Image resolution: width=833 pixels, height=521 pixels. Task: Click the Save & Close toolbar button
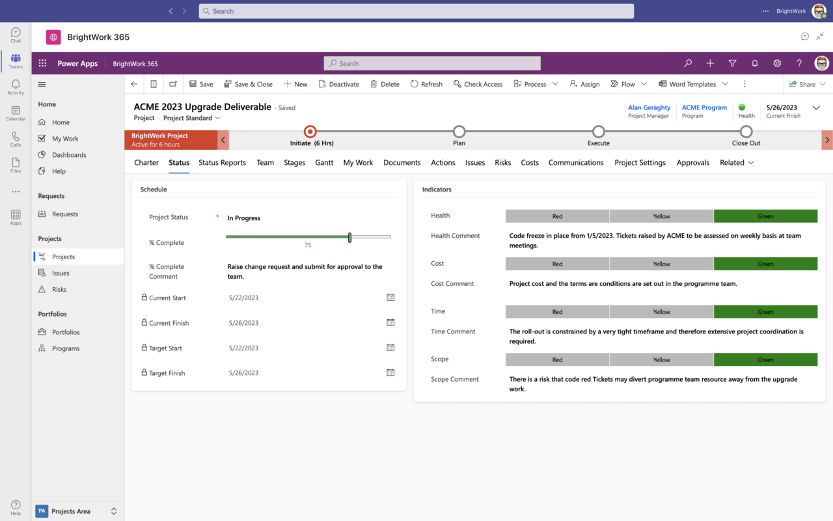248,84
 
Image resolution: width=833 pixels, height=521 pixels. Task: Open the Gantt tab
324,163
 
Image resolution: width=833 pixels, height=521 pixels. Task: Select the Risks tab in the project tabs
502,163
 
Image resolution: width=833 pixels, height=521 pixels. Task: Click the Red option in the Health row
557,216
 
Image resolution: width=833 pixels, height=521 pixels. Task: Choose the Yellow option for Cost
661,264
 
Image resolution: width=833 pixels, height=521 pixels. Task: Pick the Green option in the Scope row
765,359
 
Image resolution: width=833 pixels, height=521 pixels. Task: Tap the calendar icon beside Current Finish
390,322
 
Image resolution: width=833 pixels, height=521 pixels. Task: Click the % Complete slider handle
349,237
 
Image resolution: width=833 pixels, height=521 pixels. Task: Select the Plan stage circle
459,132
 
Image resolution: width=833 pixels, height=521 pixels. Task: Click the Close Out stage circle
746,132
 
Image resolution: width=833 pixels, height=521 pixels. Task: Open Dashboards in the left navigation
69,155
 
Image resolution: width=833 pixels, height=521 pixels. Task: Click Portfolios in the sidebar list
66,332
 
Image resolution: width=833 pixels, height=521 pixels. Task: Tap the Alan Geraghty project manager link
649,107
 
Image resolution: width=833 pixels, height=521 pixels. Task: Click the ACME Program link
704,107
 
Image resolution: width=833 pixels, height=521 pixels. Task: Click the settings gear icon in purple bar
777,63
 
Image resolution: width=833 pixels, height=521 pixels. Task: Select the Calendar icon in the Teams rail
16,113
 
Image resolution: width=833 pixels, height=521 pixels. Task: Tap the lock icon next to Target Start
144,348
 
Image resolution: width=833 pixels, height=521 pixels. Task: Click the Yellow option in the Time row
661,312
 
